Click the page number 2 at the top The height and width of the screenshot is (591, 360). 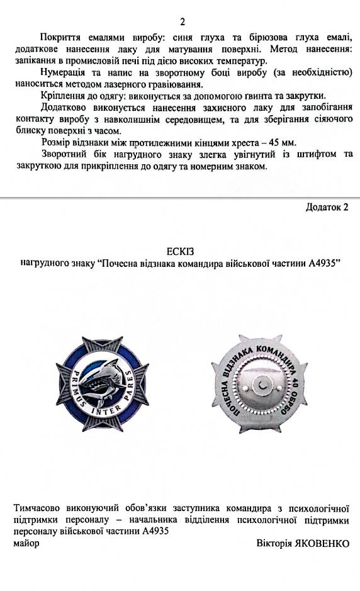point(183,23)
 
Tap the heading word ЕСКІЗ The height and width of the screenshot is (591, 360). point(180,250)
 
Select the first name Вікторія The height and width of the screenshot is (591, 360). point(273,543)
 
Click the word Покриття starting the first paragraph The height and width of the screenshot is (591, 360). point(59,38)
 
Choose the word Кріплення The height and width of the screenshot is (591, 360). point(62,96)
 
